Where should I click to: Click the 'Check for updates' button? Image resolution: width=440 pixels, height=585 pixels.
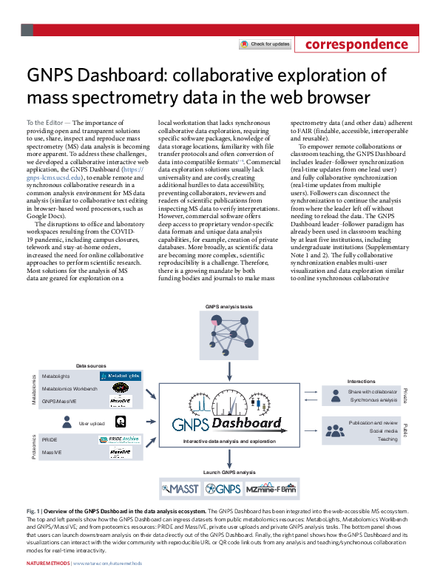coord(265,44)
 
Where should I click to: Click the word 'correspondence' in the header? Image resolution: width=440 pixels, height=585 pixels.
coord(356,44)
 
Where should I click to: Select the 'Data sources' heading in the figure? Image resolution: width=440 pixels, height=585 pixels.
coord(92,365)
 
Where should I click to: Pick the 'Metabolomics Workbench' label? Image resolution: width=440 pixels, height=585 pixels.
coord(70,388)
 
